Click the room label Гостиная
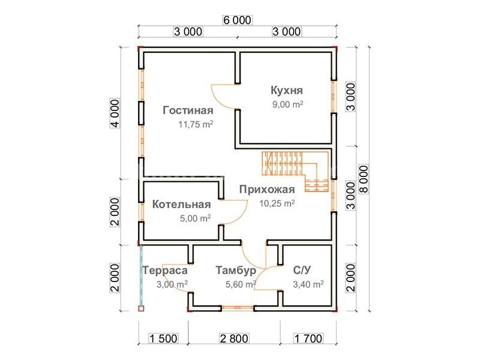[188, 110]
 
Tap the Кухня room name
[287, 91]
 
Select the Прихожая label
[267, 190]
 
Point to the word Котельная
[182, 204]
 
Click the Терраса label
[165, 271]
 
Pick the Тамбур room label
[236, 271]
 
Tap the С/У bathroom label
[302, 270]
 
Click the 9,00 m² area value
[288, 104]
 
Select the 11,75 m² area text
[196, 124]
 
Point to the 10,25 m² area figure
[277, 203]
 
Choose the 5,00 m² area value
[196, 218]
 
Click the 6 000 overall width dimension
[237, 20]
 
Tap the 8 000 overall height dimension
[364, 179]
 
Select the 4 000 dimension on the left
[115, 113]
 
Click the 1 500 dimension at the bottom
[163, 338]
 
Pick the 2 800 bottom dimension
[234, 338]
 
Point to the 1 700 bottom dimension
[308, 338]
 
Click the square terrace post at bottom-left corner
[141, 308]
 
